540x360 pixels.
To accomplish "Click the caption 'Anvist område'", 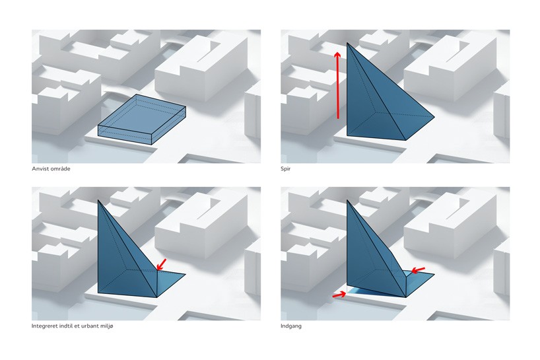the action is [x=51, y=169].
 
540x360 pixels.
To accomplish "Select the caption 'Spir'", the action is [x=285, y=169].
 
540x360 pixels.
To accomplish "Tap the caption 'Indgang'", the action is [x=291, y=326].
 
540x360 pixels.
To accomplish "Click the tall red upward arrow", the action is [x=338, y=85].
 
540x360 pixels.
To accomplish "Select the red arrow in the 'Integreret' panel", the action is [x=161, y=265].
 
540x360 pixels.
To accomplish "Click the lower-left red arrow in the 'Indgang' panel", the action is [x=339, y=295].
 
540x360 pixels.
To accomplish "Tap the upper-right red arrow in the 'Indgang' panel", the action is [x=419, y=270].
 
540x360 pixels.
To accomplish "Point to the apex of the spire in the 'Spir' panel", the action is [x=347, y=43].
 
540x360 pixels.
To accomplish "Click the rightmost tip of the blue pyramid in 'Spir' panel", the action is [x=434, y=117].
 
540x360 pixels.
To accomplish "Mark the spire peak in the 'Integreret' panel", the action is [x=98, y=200].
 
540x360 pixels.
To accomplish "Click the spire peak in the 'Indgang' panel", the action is [x=347, y=200].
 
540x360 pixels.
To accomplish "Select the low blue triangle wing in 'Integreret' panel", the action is [x=169, y=281].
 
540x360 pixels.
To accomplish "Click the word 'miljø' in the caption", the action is [x=106, y=326].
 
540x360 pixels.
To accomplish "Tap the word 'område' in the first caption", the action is [x=60, y=169].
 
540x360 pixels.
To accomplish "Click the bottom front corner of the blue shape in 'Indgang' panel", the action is [x=407, y=297].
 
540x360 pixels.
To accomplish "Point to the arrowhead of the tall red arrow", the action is [x=338, y=54].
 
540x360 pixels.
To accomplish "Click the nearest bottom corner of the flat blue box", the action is [x=152, y=145].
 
